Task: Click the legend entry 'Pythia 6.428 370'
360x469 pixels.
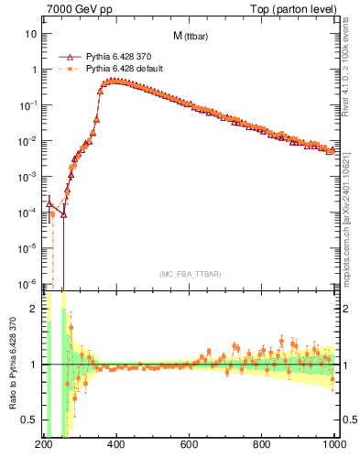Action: point(120,56)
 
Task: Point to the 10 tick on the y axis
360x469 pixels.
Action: point(31,34)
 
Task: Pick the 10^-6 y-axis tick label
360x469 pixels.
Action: point(27,283)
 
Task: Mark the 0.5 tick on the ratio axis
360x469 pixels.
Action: point(29,420)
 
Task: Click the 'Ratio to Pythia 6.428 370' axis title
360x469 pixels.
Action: point(10,364)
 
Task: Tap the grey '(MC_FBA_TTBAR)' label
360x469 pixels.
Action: point(190,273)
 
